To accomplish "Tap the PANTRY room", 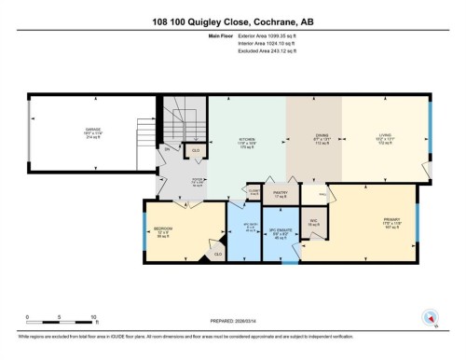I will click(278, 194).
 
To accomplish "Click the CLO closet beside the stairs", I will click(196, 149).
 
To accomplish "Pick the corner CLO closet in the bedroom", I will click(217, 253).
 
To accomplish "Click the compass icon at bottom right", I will click(431, 317).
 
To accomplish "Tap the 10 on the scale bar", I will click(94, 318).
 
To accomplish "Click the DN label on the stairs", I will click(168, 149).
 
